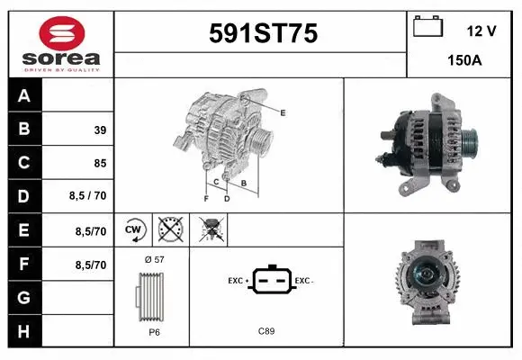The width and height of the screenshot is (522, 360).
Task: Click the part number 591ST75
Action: pyautogui.click(x=263, y=33)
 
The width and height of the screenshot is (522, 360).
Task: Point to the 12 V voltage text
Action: pyautogui.click(x=481, y=31)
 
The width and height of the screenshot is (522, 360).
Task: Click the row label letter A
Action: pyautogui.click(x=24, y=96)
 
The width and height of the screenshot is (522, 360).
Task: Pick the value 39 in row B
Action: pyautogui.click(x=99, y=130)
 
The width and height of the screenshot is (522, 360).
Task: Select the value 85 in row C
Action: pyautogui.click(x=99, y=164)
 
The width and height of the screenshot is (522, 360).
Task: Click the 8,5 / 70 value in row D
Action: pyautogui.click(x=87, y=197)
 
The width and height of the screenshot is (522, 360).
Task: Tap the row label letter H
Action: pyautogui.click(x=24, y=330)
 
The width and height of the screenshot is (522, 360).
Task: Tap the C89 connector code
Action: pyautogui.click(x=266, y=331)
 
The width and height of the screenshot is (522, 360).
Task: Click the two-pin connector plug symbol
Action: pyautogui.click(x=267, y=281)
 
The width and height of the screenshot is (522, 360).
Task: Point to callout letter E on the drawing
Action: pyautogui.click(x=283, y=112)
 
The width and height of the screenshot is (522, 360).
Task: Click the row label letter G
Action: pyautogui.click(x=24, y=296)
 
